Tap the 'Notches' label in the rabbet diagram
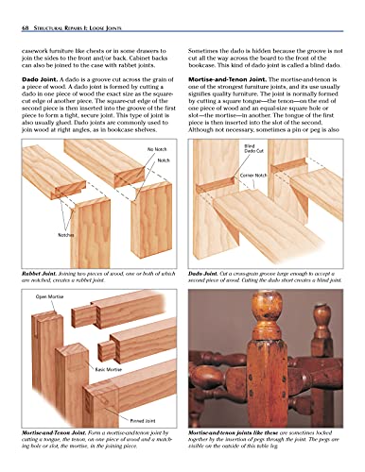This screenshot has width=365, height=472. (x=40, y=233)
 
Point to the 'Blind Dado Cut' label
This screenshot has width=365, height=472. (x=250, y=150)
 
